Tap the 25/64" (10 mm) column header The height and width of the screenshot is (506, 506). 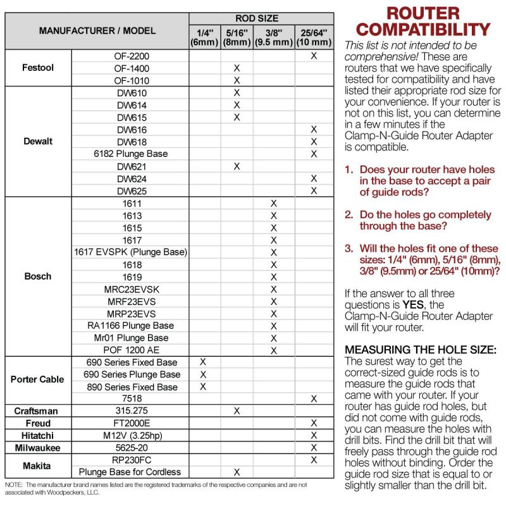pos(314,37)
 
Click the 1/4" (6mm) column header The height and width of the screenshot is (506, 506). pos(204,37)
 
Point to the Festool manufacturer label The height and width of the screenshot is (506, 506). pos(37,68)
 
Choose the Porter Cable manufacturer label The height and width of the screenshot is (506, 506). pos(37,379)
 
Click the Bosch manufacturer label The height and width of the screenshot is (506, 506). pos(37,276)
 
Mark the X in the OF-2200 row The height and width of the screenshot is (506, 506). pos(314,56)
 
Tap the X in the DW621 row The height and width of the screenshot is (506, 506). pos(237,166)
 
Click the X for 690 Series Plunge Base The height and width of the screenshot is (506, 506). pos(204,374)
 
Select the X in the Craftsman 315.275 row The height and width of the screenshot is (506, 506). pos(237,411)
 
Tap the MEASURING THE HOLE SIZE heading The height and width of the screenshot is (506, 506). pos(421,350)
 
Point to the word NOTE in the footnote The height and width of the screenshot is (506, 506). pos(14,484)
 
